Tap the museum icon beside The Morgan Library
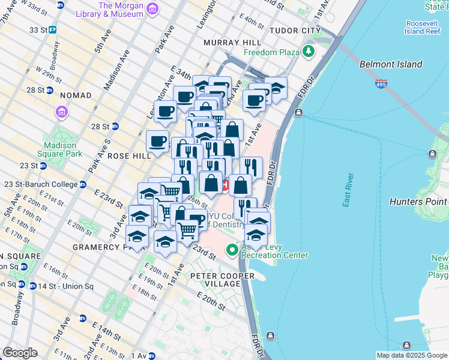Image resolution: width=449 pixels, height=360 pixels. (x=152, y=8)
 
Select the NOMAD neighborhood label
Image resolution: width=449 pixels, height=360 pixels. (x=76, y=95)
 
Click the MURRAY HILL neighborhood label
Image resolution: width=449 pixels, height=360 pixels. (x=232, y=43)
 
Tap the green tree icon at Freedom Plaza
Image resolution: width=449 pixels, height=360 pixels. (x=309, y=52)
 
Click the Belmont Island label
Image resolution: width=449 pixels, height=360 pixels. (x=391, y=64)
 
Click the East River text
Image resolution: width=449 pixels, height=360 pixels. (x=346, y=191)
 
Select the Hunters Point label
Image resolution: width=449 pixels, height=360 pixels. (x=418, y=202)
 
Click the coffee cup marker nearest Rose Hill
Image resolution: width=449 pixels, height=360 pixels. (x=157, y=142)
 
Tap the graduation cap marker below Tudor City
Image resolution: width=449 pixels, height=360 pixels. (x=276, y=88)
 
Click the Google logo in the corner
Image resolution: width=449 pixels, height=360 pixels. (x=20, y=353)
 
